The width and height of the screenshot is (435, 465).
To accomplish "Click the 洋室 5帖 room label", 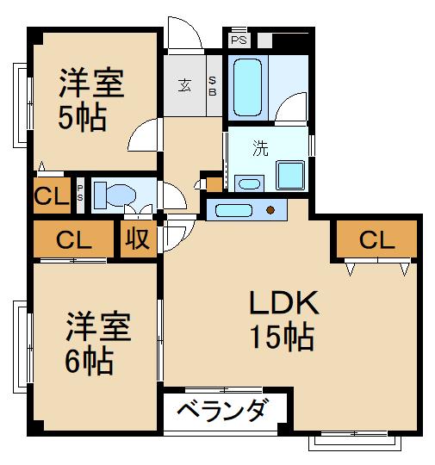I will point(90,99).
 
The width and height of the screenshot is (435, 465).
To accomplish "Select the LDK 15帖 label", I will point(282,319).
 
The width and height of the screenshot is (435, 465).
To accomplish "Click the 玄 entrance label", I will point(185,84).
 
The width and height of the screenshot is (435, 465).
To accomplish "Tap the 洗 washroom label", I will point(259,147).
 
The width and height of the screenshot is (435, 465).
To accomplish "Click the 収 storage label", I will point(135,239).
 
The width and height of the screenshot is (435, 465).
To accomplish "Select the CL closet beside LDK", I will point(376,240).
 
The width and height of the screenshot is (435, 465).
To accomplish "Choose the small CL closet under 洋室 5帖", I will point(51,196).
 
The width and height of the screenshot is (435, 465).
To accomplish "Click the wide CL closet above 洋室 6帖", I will point(73,239).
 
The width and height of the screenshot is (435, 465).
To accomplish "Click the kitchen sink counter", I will point(233,209).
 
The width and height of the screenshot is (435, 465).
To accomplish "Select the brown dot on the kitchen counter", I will point(271,209).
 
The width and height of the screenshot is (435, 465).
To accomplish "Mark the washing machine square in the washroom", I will point(290,177).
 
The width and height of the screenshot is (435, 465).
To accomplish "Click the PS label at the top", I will point(238,39).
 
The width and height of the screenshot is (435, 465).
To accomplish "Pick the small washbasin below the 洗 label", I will point(249,183).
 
